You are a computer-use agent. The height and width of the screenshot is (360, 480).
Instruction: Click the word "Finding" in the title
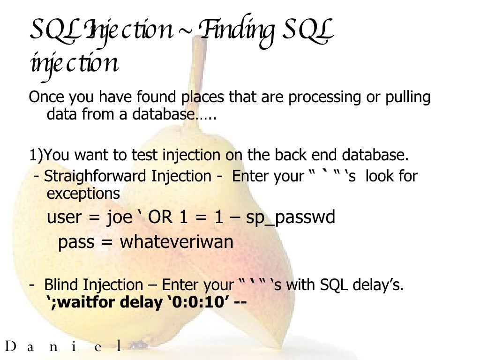coord(237,31)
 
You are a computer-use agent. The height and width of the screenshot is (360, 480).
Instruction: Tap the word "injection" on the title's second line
coord(74,64)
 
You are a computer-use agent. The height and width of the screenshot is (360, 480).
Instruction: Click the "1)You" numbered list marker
coord(45,155)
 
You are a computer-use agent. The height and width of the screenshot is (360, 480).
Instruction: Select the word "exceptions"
coord(83,193)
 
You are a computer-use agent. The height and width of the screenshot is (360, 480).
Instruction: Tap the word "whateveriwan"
coord(177,242)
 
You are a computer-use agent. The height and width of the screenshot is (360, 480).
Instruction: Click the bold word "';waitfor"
coord(82,302)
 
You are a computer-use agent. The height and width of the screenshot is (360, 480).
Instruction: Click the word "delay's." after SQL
coord(379,285)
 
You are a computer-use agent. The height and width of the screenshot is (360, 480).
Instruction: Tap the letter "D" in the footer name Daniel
coord(10,347)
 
